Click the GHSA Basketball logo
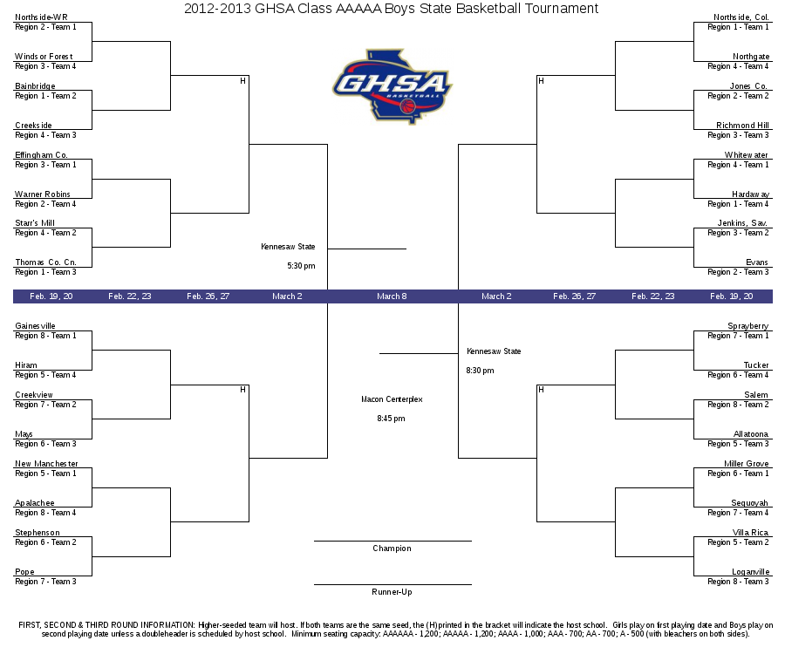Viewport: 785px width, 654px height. [392, 86]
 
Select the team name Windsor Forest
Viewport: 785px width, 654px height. [44, 57]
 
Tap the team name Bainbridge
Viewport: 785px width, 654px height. [35, 86]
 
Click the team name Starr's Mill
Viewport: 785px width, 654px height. [35, 223]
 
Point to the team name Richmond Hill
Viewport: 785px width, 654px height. [742, 126]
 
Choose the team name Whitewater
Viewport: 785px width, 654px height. [746, 155]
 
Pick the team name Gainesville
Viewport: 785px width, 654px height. [35, 326]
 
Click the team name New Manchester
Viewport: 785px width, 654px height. [46, 464]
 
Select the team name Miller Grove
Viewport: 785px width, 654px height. [746, 464]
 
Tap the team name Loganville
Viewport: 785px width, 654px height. [750, 572]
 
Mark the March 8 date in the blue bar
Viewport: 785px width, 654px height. [392, 296]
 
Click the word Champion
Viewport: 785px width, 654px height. [392, 548]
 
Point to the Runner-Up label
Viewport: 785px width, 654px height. [392, 592]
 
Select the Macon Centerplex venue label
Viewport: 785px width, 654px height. [392, 399]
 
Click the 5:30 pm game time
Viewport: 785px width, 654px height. [302, 266]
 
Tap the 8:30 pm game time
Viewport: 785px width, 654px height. [480, 371]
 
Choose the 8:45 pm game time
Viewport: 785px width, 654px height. [391, 419]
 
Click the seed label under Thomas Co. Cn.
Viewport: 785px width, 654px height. [45, 272]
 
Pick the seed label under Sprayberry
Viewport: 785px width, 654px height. [738, 336]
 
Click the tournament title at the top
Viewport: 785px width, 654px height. [391, 9]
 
